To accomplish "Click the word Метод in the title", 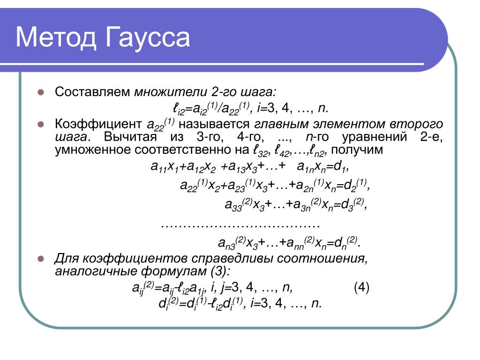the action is coord(56,37).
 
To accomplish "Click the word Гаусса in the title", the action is coord(148,38).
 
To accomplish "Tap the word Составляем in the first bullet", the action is coord(92,91).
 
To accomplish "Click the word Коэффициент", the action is coord(98,124).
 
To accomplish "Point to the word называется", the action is coord(214,124).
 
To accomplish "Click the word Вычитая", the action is coord(130,137).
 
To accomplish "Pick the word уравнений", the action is coord(375,137).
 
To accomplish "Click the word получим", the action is coord(357,150).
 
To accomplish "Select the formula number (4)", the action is coord(361,287).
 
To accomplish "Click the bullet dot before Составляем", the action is coord(41,92).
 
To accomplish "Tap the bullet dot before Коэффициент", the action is coord(41,124).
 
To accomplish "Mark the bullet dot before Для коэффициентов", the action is coord(41,259).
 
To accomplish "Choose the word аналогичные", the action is coord(96,271).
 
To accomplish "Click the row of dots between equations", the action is coord(240,226).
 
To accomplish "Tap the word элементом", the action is coord(349,124).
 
